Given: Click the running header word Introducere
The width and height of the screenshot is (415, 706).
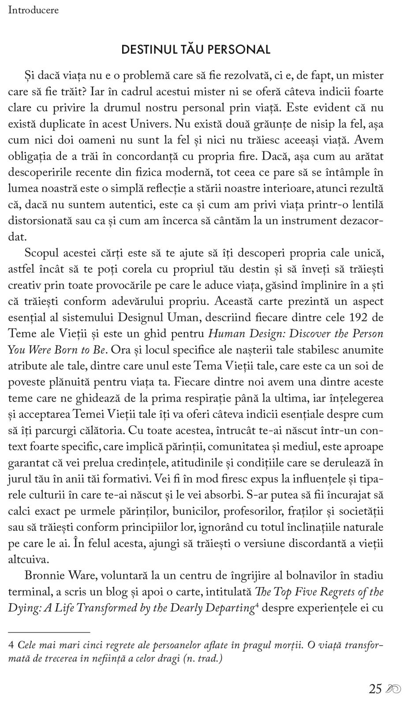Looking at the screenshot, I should (x=34, y=10).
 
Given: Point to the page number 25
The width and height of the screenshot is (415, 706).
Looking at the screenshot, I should (x=375, y=689).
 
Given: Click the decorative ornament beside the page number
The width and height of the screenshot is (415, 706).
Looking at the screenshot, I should (x=393, y=689).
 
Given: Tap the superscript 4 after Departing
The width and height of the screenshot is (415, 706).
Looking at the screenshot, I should (x=257, y=605).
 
